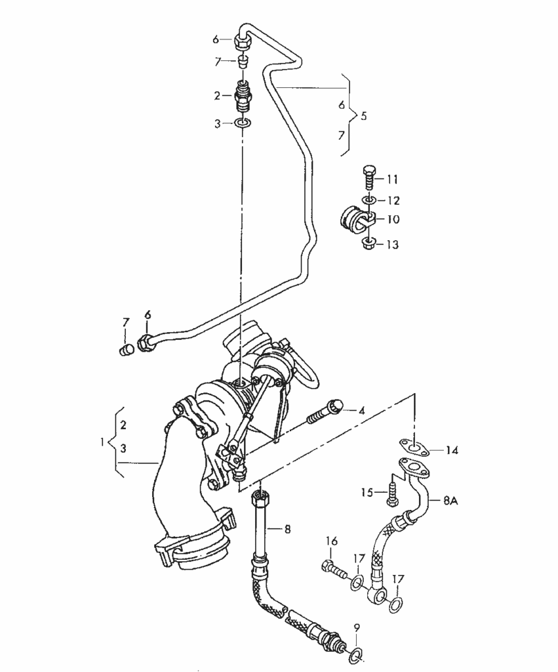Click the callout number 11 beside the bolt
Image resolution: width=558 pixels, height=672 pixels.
[392, 179]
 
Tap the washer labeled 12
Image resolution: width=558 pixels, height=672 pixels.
[369, 199]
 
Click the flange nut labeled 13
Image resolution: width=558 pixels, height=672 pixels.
[369, 244]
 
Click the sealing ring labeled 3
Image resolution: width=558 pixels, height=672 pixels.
[243, 124]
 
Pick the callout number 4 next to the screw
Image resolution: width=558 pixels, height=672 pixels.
[361, 411]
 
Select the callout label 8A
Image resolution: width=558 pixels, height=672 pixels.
[450, 500]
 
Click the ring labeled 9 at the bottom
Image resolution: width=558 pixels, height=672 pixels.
[357, 654]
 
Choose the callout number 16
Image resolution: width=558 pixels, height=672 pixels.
[332, 541]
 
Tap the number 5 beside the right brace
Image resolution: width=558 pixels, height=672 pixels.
[363, 115]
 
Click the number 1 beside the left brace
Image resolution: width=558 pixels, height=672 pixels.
[102, 442]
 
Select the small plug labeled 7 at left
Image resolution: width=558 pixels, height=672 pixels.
[124, 349]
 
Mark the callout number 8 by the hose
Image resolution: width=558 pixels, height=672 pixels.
[287, 530]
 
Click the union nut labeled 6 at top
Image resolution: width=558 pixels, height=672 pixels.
[242, 41]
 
